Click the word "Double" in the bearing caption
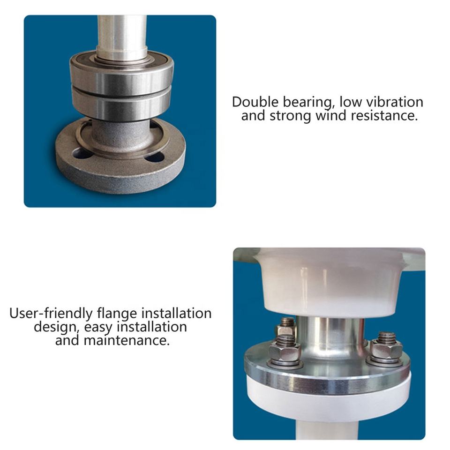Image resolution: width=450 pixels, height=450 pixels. tap(255, 102)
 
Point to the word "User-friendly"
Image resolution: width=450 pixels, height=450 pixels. tap(51, 313)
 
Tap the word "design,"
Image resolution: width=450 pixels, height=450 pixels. tap(57, 327)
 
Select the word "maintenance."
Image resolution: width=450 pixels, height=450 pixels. tap(127, 340)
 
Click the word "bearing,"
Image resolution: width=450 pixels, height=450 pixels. tap(307, 102)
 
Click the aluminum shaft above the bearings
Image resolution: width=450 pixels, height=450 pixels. tap(122, 34)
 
